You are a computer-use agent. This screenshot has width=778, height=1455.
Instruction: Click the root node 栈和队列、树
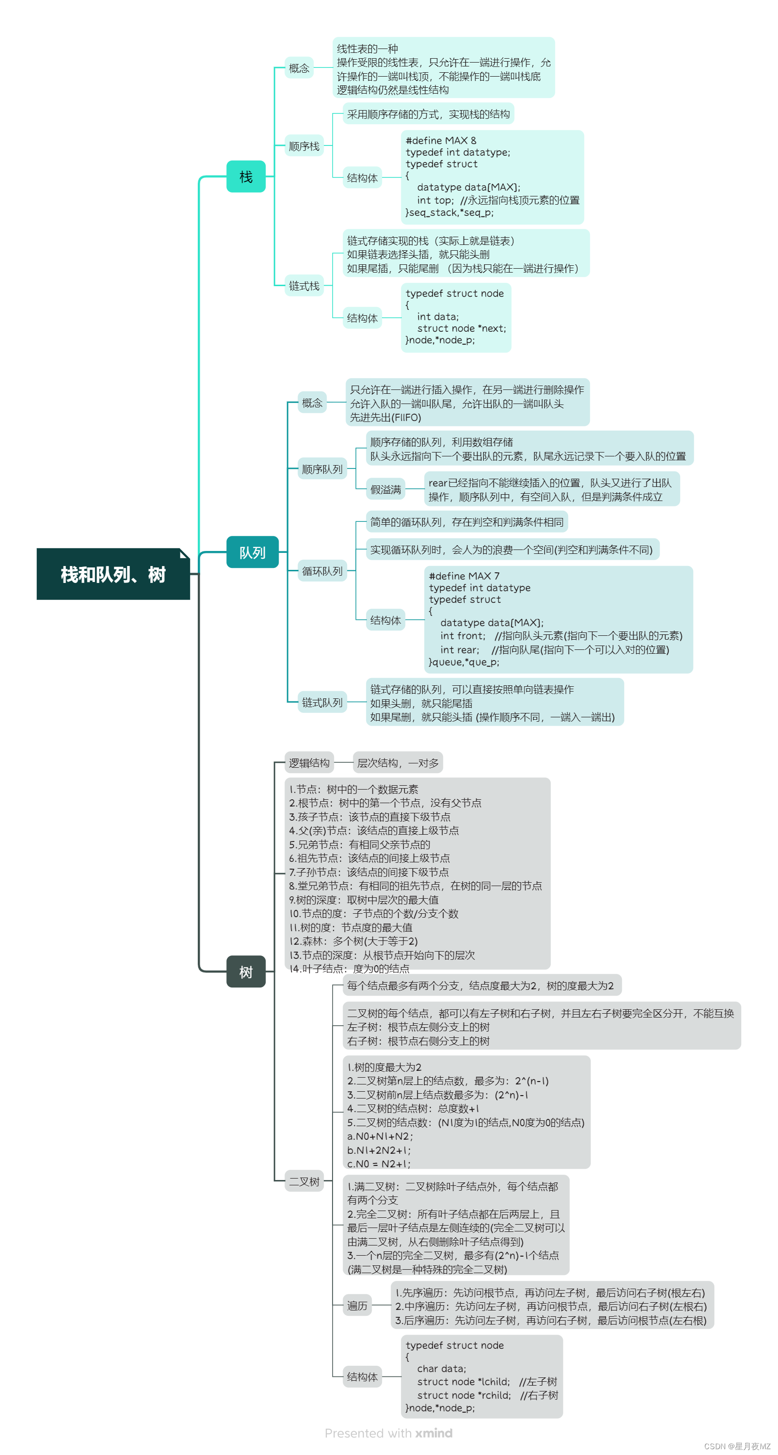pos(113,574)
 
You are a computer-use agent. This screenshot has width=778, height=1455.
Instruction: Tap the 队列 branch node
pos(252,552)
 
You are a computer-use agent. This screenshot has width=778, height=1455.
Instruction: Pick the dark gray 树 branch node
pos(246,971)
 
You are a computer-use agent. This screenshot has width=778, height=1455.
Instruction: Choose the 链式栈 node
pos(304,286)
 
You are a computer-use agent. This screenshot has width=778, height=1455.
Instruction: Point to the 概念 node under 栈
pos(299,68)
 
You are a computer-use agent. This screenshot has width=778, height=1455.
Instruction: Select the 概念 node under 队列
pos(312,403)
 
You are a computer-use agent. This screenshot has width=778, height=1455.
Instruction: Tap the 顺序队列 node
pos(322,469)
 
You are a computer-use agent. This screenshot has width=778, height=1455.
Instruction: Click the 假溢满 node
pos(386,489)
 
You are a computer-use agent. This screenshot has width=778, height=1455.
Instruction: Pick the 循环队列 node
pos(322,571)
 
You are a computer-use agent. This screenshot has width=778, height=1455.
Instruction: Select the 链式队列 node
pos(322,702)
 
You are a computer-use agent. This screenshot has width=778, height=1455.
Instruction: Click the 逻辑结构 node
pos(309,762)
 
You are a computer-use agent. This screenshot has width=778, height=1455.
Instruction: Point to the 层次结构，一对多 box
pos(397,762)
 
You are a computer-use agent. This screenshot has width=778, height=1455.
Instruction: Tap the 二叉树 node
pos(304,1181)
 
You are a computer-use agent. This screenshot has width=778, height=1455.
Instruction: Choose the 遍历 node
pos(357,1305)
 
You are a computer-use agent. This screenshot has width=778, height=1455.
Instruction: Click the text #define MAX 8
pos(440,141)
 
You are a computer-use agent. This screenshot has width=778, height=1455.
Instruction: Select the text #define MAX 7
pos(463,576)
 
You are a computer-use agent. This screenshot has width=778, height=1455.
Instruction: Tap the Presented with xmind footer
pos(388,1433)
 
